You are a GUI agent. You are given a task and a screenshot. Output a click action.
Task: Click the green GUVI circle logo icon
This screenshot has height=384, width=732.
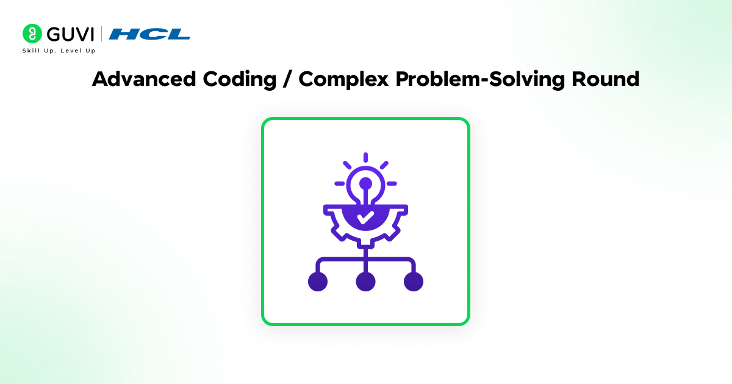pyautogui.click(x=32, y=34)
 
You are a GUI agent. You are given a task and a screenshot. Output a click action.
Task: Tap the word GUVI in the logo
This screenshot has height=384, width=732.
pyautogui.click(x=71, y=34)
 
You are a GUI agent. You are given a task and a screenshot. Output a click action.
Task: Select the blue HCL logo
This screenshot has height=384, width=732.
pyautogui.click(x=149, y=34)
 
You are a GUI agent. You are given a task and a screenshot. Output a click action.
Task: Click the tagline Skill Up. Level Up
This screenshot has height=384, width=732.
pyautogui.click(x=59, y=51)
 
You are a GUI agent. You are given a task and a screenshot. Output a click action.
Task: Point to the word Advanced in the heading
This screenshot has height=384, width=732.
pyautogui.click(x=144, y=79)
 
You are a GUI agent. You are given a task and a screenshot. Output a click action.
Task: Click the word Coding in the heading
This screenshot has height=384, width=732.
pyautogui.click(x=240, y=79)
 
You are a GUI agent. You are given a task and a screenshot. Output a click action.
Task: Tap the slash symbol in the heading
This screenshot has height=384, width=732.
pyautogui.click(x=287, y=79)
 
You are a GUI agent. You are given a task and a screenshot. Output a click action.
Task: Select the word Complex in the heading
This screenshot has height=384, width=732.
pyautogui.click(x=343, y=79)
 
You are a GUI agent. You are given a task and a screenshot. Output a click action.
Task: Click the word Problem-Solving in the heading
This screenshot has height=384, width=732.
pyautogui.click(x=480, y=79)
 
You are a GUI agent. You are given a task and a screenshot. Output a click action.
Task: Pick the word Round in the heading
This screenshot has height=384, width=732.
pyautogui.click(x=606, y=79)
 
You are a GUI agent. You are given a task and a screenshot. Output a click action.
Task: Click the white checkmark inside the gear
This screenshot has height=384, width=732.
pyautogui.click(x=365, y=218)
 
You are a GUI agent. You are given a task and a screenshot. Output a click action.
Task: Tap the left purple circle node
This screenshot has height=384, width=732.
pyautogui.click(x=318, y=282)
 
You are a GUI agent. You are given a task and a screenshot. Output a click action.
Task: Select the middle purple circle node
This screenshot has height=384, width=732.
pyautogui.click(x=365, y=282)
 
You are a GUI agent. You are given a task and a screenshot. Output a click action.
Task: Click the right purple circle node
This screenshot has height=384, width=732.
pyautogui.click(x=414, y=282)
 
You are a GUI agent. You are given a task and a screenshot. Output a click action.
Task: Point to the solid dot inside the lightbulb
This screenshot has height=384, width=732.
pyautogui.click(x=365, y=183)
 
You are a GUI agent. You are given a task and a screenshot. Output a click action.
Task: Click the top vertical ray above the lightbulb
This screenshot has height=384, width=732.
pyautogui.click(x=365, y=157)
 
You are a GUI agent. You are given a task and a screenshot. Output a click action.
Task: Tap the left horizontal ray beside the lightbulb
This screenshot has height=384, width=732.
pyautogui.click(x=340, y=183)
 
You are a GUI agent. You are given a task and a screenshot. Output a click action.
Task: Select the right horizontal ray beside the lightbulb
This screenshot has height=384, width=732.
pyautogui.click(x=392, y=183)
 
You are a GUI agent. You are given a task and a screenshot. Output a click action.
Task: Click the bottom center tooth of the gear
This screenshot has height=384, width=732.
pyautogui.click(x=365, y=243)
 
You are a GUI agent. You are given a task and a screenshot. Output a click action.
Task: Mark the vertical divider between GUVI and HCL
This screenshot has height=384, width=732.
pyautogui.click(x=101, y=34)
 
